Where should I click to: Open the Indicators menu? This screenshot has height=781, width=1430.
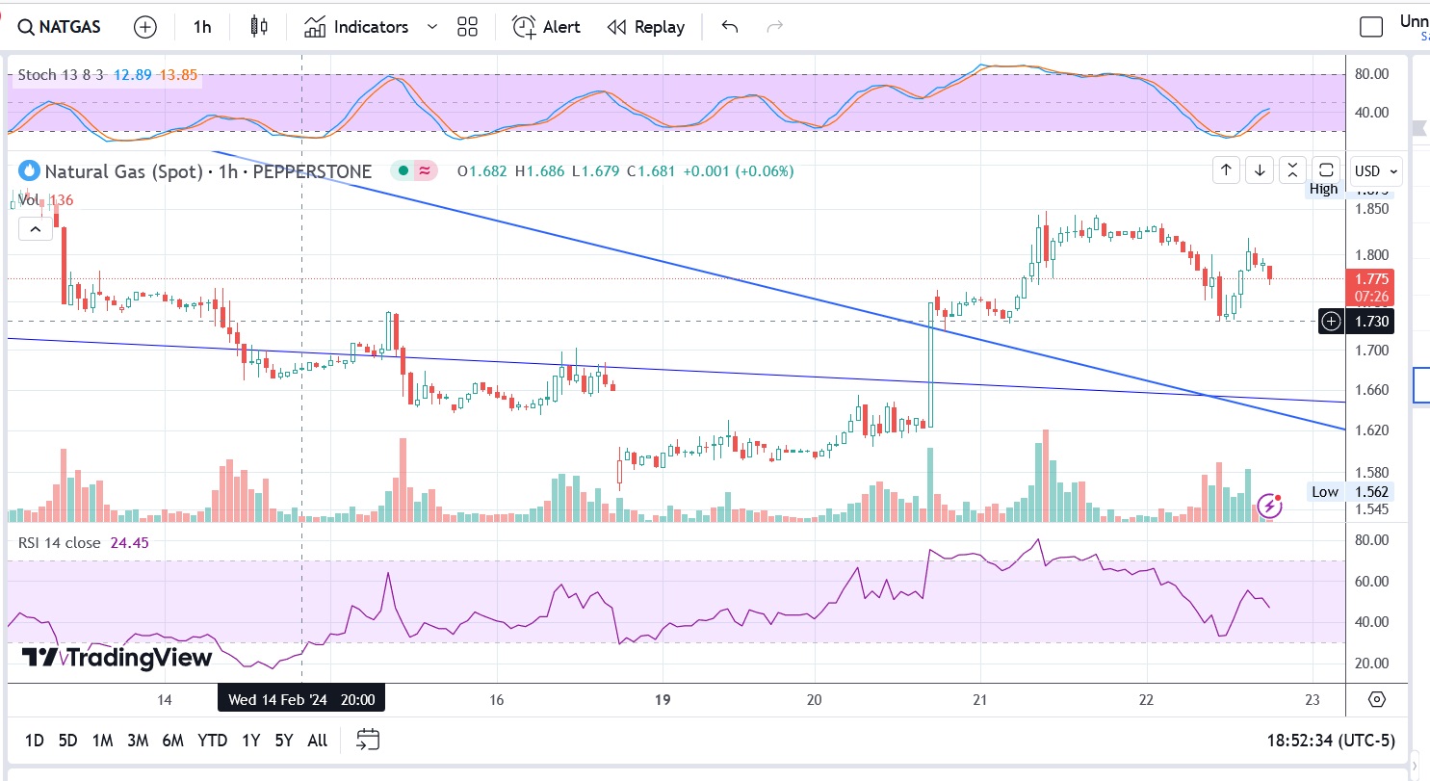(357, 27)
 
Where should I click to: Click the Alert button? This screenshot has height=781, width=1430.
(546, 27)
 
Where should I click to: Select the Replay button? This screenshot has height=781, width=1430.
(646, 27)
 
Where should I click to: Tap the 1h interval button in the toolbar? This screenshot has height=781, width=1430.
(201, 27)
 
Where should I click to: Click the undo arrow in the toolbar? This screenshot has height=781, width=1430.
(729, 27)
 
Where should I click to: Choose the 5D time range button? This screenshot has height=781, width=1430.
(67, 741)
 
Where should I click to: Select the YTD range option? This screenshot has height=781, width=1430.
(212, 741)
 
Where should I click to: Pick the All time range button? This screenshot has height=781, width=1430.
(317, 741)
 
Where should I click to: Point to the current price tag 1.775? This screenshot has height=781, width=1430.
(1369, 278)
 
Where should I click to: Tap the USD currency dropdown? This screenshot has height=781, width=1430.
(1376, 171)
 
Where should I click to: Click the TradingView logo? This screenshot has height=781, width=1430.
(117, 658)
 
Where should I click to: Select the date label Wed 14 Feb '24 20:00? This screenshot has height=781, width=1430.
(301, 699)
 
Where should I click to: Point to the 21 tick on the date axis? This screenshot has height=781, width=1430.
(979, 699)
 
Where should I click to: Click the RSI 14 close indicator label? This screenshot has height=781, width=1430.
(59, 543)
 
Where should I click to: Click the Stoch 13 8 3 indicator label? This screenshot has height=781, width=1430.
(61, 74)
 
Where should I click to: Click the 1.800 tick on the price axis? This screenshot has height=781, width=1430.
(1371, 255)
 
